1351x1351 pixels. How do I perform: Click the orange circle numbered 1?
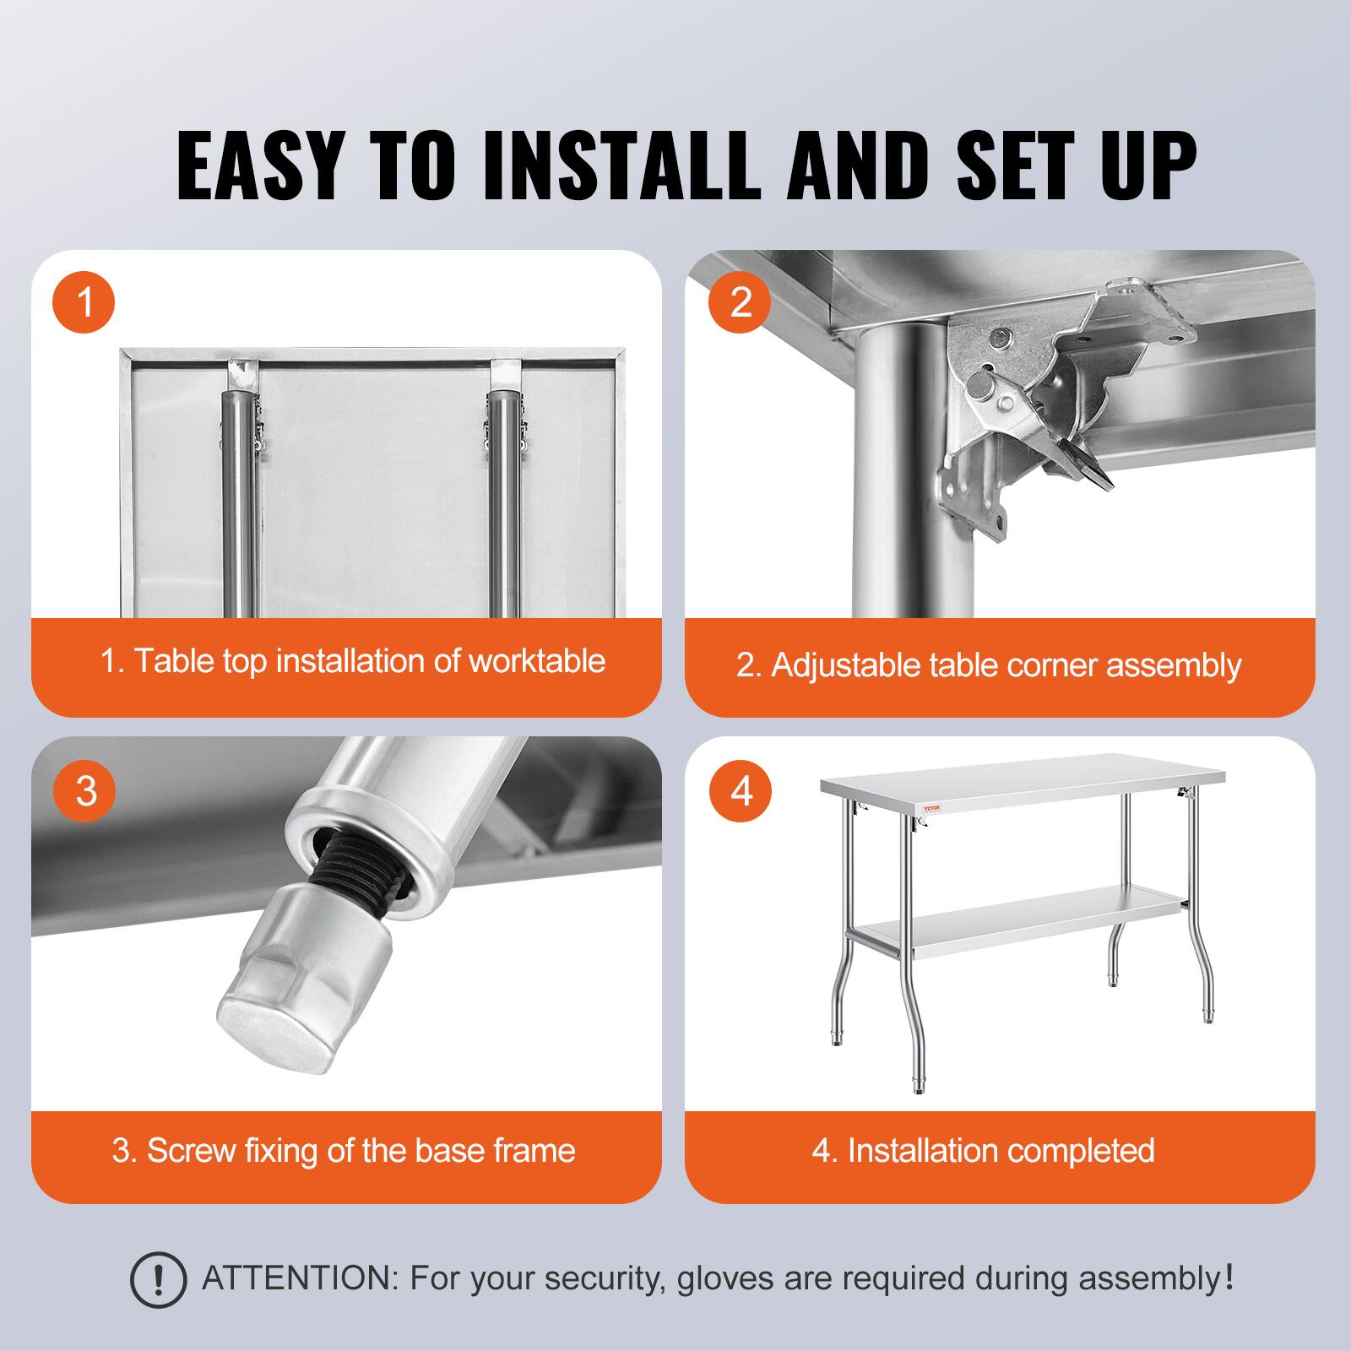[x=84, y=301]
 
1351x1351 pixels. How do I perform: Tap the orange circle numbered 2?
[x=741, y=301]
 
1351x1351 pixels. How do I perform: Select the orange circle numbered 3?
[x=84, y=791]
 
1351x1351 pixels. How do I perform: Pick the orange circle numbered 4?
[x=741, y=791]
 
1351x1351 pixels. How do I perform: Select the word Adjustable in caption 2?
[x=845, y=665]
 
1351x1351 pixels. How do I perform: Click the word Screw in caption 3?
[x=191, y=1150]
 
